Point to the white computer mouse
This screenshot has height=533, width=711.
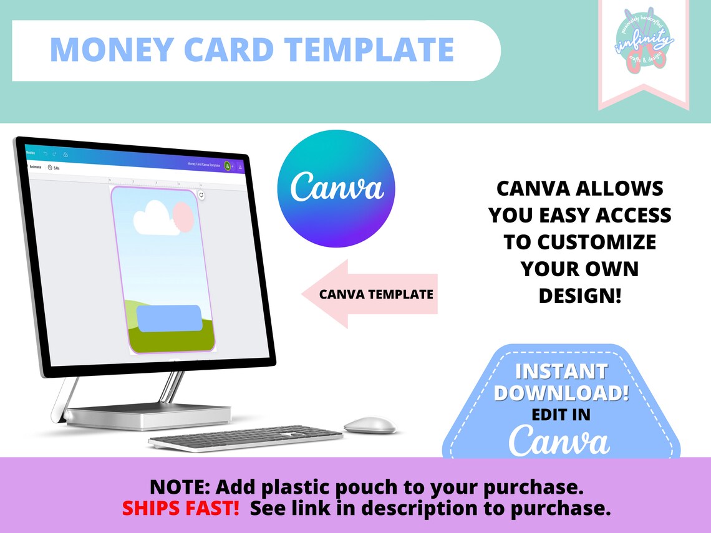(370, 425)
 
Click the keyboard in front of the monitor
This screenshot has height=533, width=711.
(245, 438)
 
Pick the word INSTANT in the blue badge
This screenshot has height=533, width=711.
(561, 372)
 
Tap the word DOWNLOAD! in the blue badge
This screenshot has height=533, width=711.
(561, 393)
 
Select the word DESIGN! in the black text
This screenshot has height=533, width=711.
(580, 295)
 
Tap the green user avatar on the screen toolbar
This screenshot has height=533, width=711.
(228, 166)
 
